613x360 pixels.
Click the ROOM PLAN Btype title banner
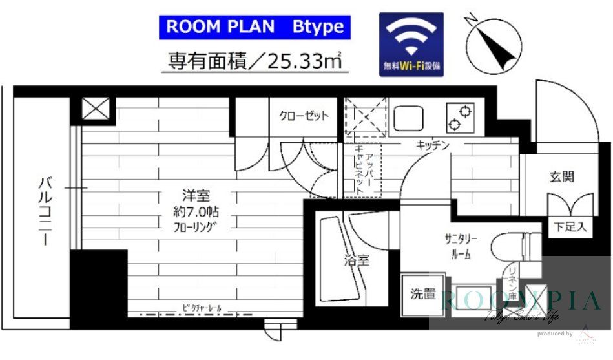[x=255, y=27]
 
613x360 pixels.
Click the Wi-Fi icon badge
[x=411, y=44]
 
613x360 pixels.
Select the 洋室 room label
[x=194, y=195]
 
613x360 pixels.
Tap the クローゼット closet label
[x=304, y=116]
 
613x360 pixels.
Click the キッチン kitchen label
[x=432, y=146]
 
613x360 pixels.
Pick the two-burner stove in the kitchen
[x=459, y=117]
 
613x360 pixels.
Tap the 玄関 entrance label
[x=562, y=176]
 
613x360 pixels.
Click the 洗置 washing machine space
[x=423, y=294]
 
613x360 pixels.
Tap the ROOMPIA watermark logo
[x=520, y=301]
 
